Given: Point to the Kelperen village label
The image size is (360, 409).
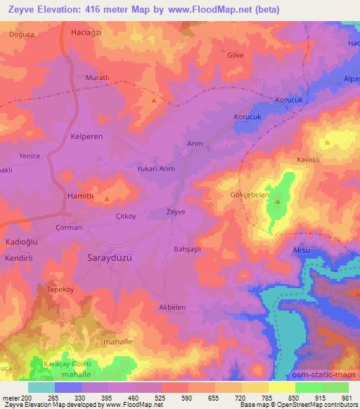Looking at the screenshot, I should point(88,138).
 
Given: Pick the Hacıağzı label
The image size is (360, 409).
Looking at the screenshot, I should point(88,33).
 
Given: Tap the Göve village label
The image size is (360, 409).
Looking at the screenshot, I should point(235,55).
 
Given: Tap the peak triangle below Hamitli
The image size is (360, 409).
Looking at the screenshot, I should point(106,200).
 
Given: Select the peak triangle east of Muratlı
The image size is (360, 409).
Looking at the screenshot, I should point(153,100).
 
